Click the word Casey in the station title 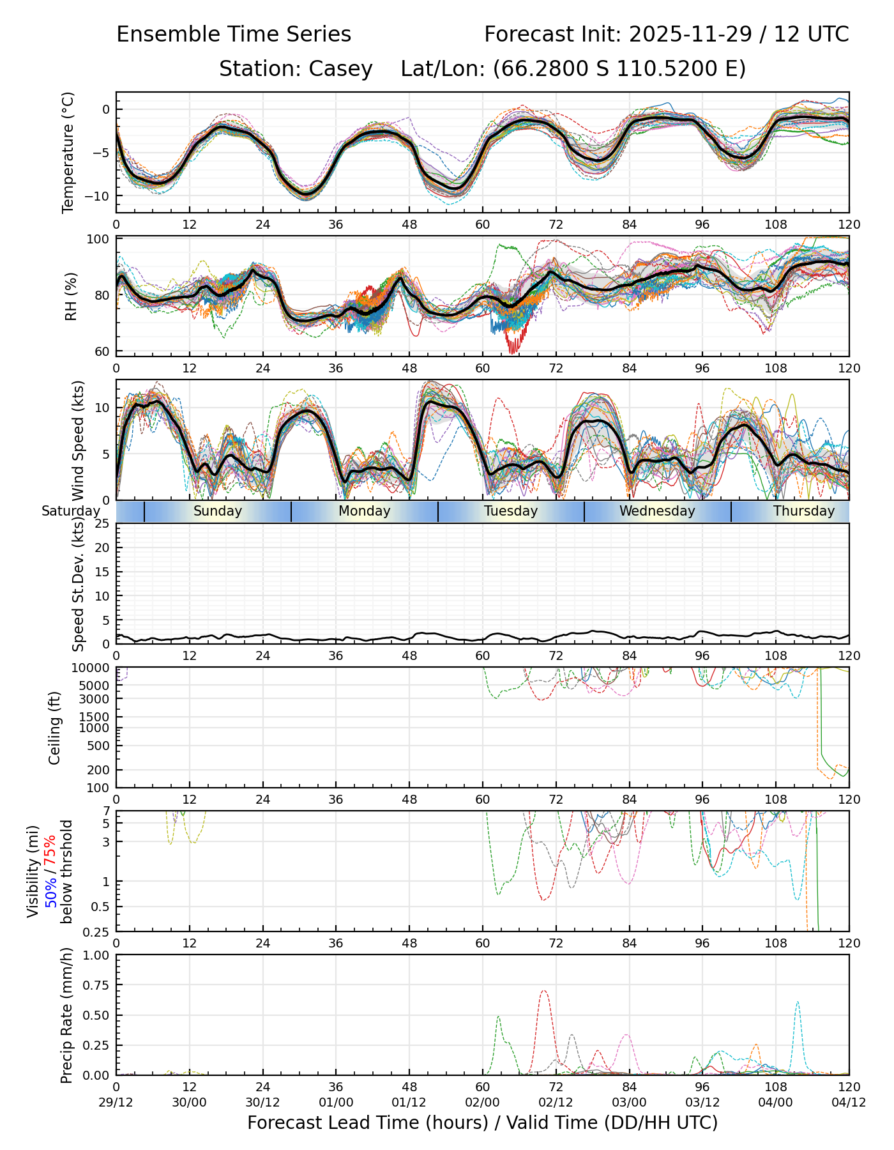pyautogui.click(x=341, y=69)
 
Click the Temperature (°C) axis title pyautogui.click(x=68, y=152)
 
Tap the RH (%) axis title pyautogui.click(x=71, y=296)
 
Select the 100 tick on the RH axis pyautogui.click(x=99, y=240)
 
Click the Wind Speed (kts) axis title pyautogui.click(x=79, y=440)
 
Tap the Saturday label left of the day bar pyautogui.click(x=71, y=511)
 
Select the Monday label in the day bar pyautogui.click(x=364, y=511)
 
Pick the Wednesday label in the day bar pyautogui.click(x=657, y=511)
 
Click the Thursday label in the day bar pyautogui.click(x=804, y=511)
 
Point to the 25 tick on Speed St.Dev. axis pyautogui.click(x=102, y=524)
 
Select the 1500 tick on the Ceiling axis pyautogui.click(x=97, y=717)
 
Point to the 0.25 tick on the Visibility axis pyautogui.click(x=98, y=931)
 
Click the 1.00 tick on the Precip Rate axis pyautogui.click(x=96, y=955)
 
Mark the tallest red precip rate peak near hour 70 pyautogui.click(x=543, y=991)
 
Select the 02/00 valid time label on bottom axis pyautogui.click(x=483, y=1102)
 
